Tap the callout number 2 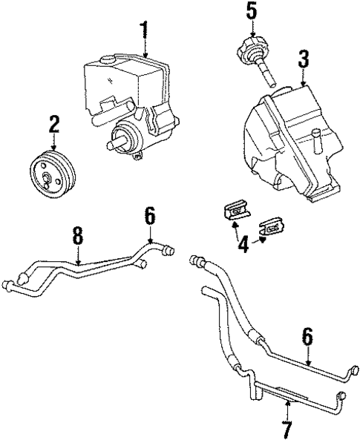[53, 123]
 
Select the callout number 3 [303, 58]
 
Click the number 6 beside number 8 [149, 216]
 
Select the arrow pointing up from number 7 [287, 409]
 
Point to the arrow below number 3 [303, 76]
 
